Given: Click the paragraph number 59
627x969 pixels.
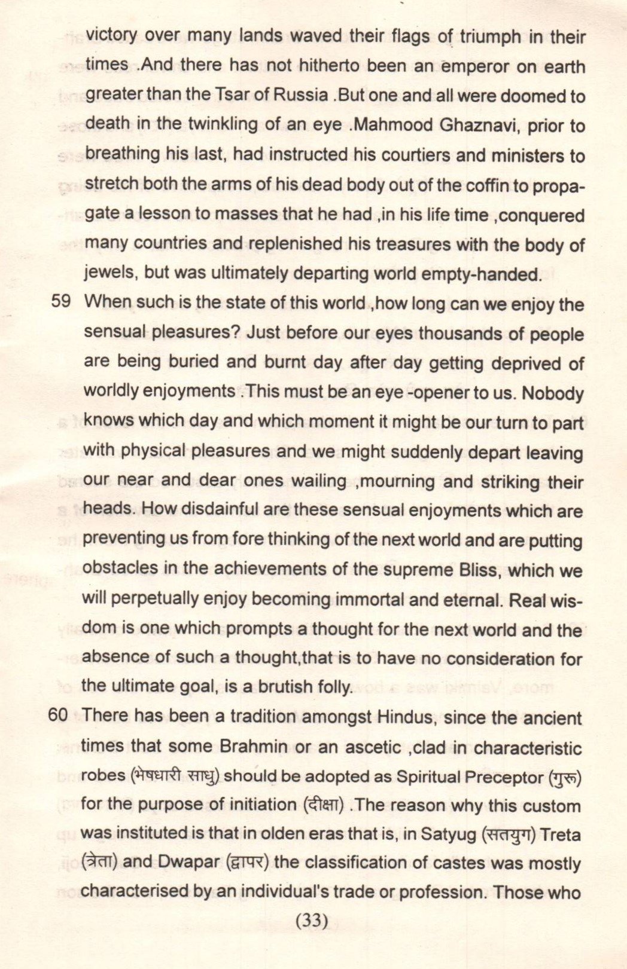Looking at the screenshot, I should [x=61, y=302].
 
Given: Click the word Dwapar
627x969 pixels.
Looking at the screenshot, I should [x=192, y=864].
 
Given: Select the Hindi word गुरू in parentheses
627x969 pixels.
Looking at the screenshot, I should [x=565, y=777].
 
